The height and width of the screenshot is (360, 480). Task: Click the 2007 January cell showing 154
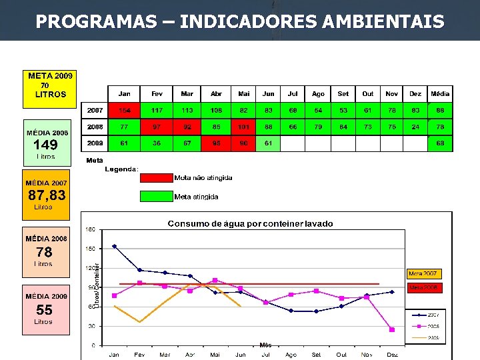125,110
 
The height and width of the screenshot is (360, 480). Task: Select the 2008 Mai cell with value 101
244,127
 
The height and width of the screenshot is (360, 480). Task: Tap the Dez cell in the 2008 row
415,127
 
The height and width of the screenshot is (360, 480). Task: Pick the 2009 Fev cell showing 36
157,143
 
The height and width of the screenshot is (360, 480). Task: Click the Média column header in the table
440,94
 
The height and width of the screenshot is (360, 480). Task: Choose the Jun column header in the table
268,94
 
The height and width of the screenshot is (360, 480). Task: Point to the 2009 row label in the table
95,143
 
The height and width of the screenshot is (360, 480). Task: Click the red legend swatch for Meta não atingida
155,178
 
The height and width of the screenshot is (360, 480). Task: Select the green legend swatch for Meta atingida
155,196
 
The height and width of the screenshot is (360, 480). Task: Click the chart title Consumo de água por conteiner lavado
250,224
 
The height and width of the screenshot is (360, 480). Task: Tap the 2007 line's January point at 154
114,246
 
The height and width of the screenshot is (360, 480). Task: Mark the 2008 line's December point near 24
392,329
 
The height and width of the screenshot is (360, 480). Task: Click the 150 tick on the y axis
90,249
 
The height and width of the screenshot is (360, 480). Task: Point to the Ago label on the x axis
291,355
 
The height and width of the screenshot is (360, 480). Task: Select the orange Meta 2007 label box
424,273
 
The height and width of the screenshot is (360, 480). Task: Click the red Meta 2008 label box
424,287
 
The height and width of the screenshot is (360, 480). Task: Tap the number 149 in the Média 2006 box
45,145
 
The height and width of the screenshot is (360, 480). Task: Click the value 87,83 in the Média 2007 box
47,195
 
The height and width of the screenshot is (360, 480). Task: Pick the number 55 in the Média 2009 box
45,310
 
